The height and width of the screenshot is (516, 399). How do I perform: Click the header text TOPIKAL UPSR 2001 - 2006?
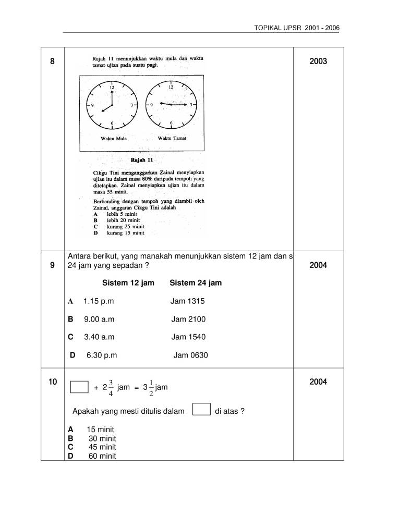(x=295, y=27)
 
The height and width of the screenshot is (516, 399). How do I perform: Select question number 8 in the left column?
(x=52, y=61)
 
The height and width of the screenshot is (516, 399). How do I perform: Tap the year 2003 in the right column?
(x=318, y=61)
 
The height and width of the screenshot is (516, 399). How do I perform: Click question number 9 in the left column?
(x=52, y=265)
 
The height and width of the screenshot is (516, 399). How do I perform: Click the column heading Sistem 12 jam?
(x=128, y=283)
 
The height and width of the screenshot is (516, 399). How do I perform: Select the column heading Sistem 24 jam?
(x=196, y=283)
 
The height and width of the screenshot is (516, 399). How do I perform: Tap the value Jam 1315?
(x=188, y=301)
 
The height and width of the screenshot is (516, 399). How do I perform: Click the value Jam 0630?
(x=190, y=355)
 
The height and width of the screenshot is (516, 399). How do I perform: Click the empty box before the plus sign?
(x=80, y=387)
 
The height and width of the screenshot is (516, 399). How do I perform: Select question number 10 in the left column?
(x=52, y=383)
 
